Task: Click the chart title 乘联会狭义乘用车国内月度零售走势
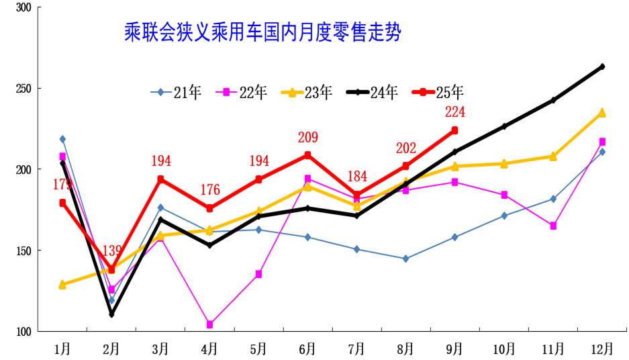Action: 262,32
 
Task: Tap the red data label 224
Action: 454,112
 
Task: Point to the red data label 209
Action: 308,138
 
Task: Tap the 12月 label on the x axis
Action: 602,349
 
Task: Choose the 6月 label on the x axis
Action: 308,349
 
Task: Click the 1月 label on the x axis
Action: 62,349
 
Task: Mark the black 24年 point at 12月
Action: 602,66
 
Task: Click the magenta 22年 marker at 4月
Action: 209,324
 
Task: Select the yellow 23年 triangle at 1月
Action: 62,284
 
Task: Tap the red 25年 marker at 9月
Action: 454,130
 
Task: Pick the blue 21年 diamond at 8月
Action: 405,259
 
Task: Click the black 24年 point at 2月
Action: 111,314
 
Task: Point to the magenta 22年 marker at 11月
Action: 553,226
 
